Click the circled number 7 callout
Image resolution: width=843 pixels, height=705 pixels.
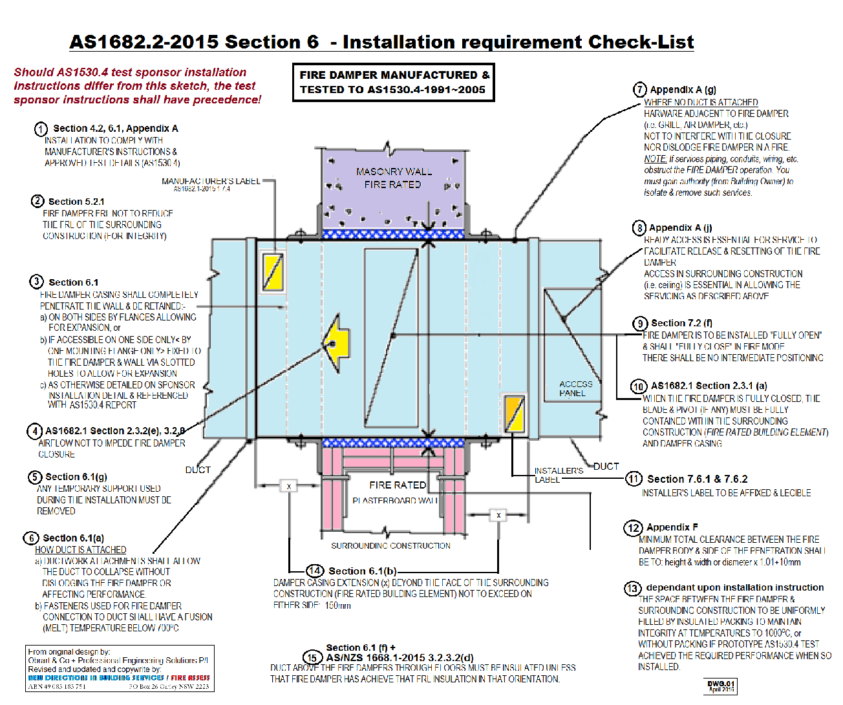640,90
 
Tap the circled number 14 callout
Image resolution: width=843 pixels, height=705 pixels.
315,571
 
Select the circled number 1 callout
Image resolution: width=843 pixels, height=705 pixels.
41,129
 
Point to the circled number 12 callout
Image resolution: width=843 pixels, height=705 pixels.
633,528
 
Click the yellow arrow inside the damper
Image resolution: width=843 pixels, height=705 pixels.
336,343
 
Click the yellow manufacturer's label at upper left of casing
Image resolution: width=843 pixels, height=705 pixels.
272,271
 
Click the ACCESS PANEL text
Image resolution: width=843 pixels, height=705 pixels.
575,388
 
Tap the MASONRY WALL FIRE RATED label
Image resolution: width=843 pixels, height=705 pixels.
393,178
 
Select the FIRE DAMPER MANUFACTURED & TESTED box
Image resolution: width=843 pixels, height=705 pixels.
394,82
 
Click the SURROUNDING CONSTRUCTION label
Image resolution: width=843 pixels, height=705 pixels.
390,546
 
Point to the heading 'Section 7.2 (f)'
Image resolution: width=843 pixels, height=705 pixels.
681,323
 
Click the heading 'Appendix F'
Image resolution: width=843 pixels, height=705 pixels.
672,527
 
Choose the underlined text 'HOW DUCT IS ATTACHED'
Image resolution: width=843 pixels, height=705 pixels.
81,550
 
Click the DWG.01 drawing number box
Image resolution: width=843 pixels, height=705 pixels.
720,686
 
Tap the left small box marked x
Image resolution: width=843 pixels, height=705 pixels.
288,486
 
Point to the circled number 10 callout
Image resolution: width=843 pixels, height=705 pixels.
639,386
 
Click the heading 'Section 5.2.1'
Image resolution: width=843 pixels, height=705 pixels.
76,202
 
